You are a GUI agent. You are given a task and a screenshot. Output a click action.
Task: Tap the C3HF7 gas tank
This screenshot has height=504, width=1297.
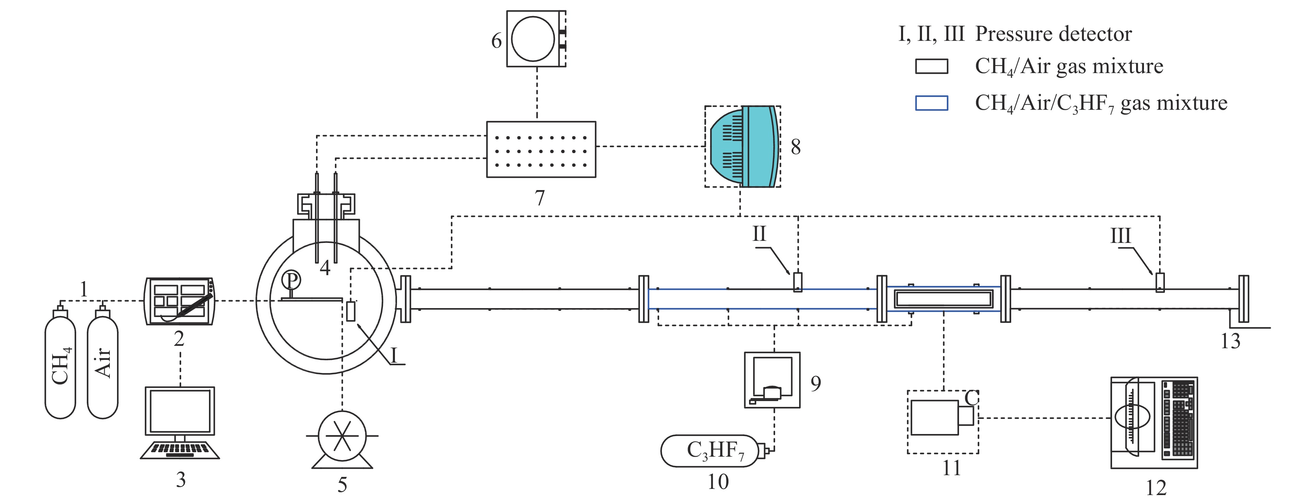click(x=710, y=450)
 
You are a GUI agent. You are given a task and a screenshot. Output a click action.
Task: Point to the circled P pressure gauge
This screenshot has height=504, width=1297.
click(x=291, y=279)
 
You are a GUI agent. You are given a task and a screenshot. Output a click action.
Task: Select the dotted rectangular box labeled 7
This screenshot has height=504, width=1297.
click(x=541, y=150)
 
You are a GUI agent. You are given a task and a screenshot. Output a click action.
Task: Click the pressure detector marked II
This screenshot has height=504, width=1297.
click(x=797, y=282)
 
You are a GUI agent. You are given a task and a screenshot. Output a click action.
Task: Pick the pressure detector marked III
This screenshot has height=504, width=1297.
click(x=1159, y=282)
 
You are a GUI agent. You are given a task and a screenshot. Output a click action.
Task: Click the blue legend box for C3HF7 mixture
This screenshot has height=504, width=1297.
click(x=932, y=103)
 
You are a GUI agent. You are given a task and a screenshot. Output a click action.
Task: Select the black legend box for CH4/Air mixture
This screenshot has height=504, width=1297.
click(x=932, y=67)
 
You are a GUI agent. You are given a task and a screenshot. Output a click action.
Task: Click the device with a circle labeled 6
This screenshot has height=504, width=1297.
click(x=535, y=39)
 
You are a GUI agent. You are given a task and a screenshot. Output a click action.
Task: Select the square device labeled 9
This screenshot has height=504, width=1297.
click(x=772, y=380)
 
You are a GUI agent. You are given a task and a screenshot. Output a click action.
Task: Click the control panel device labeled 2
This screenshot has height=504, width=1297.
click(x=179, y=301)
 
